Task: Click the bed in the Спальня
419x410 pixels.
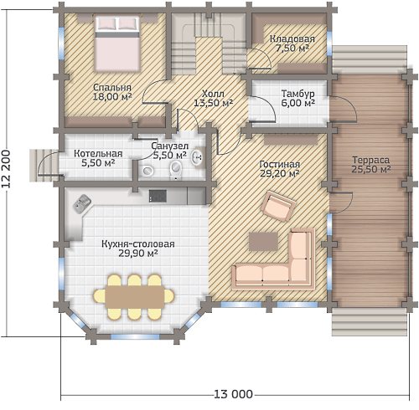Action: click(x=117, y=44)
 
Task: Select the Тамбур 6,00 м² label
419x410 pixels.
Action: click(x=298, y=98)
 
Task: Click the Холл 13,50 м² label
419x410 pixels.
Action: click(x=214, y=98)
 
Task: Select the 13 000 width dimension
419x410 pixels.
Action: click(x=234, y=394)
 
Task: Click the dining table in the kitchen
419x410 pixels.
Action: click(x=134, y=297)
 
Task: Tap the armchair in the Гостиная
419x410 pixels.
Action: click(x=278, y=206)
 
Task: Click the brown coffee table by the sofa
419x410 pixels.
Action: click(x=263, y=241)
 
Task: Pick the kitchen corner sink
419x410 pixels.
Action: click(x=82, y=203)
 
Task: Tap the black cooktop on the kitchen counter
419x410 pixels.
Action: click(x=158, y=196)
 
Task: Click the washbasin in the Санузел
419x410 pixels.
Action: click(x=198, y=157)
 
